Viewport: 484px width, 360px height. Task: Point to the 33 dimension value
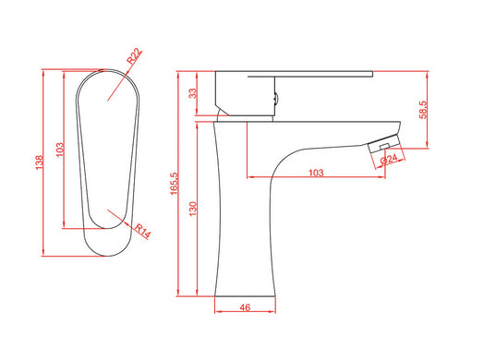[192, 93]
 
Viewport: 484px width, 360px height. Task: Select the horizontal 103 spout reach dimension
[316, 172]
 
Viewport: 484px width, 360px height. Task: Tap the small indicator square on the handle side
[273, 93]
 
